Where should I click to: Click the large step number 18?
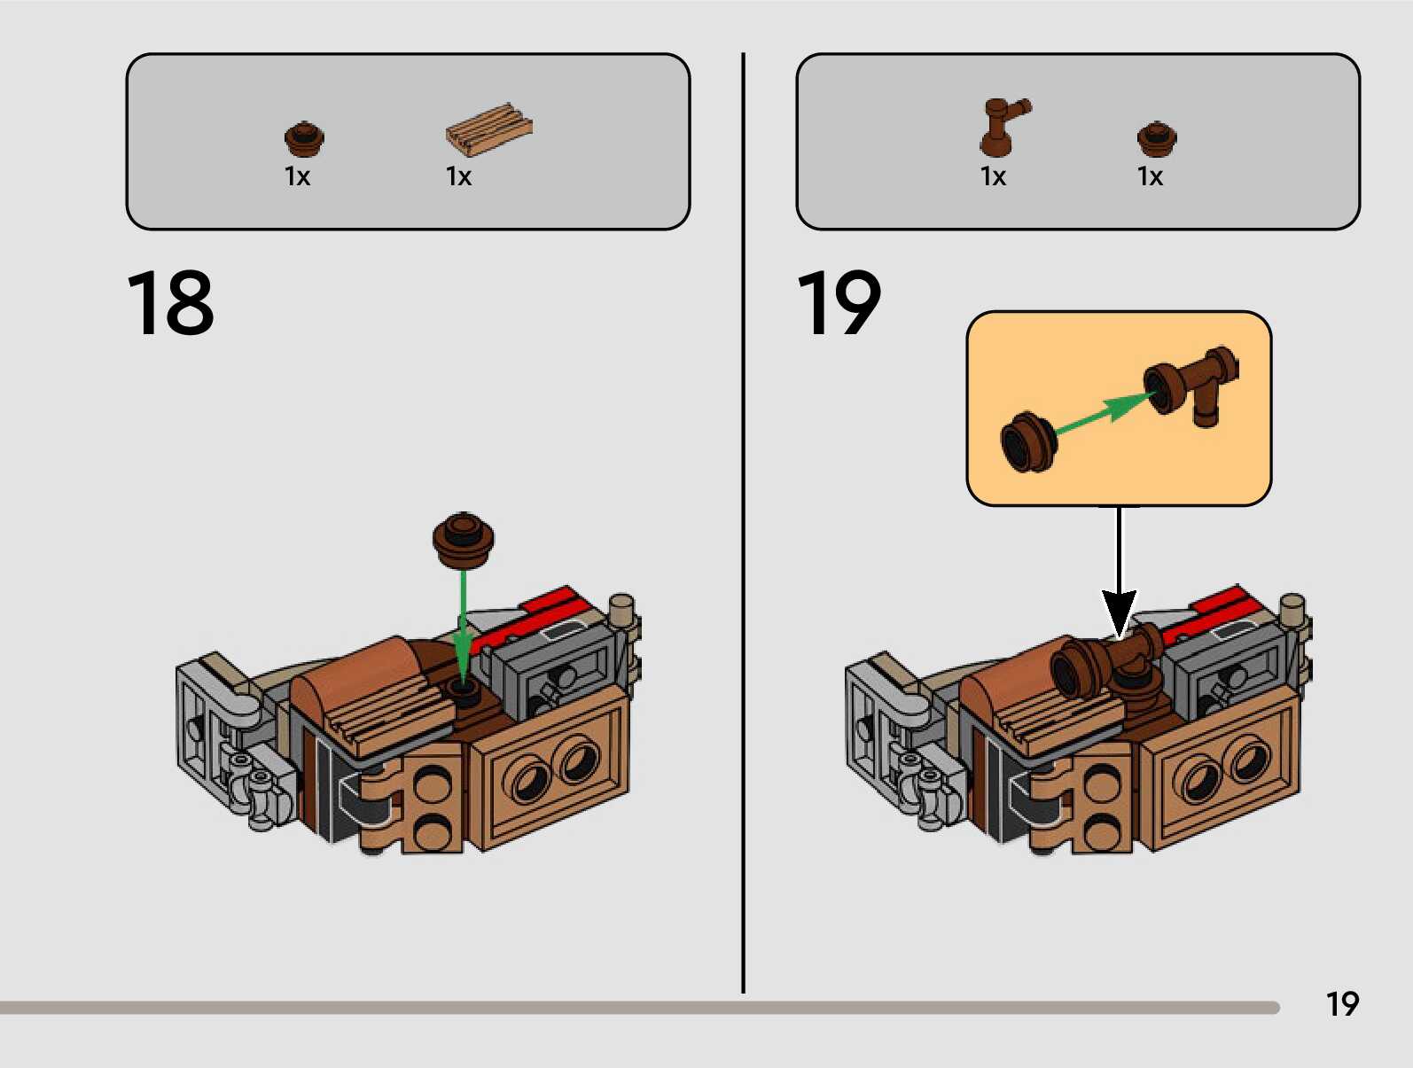[x=170, y=304]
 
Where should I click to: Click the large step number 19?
[x=839, y=304]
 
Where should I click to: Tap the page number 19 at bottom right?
[x=1342, y=1004]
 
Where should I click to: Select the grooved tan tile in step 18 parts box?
[x=488, y=129]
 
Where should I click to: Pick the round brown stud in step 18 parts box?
[x=304, y=137]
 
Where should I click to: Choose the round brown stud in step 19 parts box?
[x=1156, y=137]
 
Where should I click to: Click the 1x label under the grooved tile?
[x=458, y=177]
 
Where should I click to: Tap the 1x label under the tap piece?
[x=993, y=177]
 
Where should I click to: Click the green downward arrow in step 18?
[x=462, y=620]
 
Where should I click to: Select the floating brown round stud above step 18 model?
[x=463, y=538]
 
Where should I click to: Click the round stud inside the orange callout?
[x=1028, y=441]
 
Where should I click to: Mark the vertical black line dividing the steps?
[x=743, y=523]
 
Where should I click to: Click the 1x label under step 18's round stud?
[x=297, y=177]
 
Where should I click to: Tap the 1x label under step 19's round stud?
[x=1150, y=177]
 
